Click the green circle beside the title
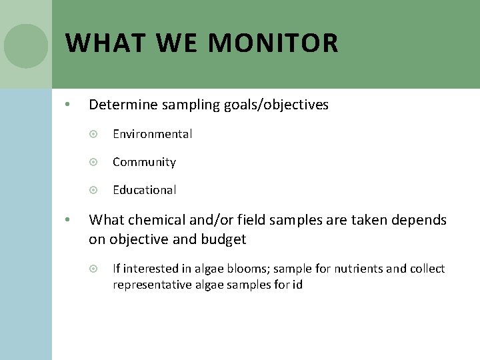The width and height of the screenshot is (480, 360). point(26,46)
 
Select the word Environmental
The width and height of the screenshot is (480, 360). point(152,134)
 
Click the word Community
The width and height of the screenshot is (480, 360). point(144,162)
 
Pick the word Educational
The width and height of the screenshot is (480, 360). point(144,190)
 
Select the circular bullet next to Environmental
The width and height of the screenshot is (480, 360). point(93,134)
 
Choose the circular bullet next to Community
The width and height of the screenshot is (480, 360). point(93,162)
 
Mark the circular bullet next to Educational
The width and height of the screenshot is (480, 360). point(93,190)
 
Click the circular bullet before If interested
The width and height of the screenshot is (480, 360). point(93,269)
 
